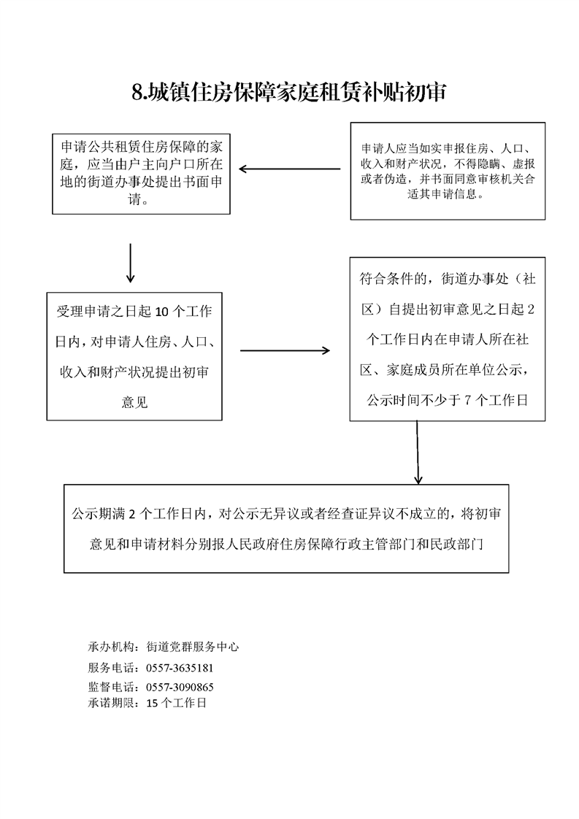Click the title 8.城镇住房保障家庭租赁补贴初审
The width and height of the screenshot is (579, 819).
(288, 93)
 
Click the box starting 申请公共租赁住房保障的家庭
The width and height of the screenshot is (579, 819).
(141, 174)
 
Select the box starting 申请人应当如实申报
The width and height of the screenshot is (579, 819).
(448, 171)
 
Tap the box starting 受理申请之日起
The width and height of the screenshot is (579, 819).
(134, 356)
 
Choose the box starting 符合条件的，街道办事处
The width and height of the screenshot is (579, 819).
(448, 339)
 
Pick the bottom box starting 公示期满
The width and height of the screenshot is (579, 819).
(286, 528)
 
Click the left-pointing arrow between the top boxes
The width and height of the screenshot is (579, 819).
(289, 169)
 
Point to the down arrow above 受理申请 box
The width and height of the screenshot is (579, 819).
(130, 263)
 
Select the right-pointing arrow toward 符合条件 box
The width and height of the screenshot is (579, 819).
(285, 350)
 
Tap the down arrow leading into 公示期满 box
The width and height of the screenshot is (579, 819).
(418, 453)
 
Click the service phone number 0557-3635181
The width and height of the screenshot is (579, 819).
(180, 668)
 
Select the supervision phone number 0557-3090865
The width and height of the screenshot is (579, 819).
(180, 687)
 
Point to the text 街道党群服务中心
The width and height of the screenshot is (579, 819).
(192, 647)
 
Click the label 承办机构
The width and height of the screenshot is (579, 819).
(111, 647)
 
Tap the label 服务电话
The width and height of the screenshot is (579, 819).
(111, 668)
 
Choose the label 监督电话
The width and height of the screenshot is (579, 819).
(111, 687)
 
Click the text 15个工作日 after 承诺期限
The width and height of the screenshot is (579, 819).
(176, 703)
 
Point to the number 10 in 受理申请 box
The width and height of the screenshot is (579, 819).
(162, 312)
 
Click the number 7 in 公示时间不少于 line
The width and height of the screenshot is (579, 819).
(468, 401)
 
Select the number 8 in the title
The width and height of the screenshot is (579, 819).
(137, 93)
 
